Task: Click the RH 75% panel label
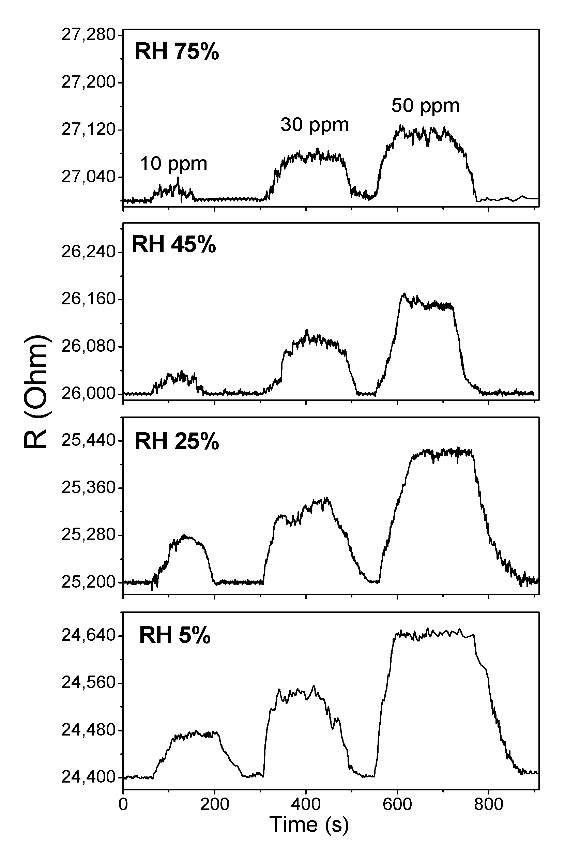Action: point(177,51)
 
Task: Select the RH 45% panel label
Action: point(174,245)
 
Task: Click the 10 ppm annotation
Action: point(173,164)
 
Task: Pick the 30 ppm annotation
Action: point(315,125)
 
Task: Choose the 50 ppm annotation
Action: point(426,106)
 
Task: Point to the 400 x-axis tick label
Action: point(306,804)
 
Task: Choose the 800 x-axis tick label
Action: point(489,804)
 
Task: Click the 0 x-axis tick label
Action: point(123,804)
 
